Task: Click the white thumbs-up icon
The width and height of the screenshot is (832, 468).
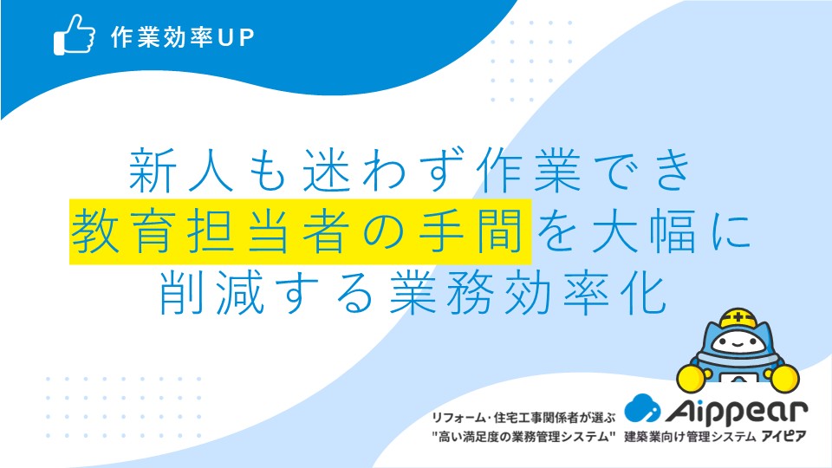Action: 75,35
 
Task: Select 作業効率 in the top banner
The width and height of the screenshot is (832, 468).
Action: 162,37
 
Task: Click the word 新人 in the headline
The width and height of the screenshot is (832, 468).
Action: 181,170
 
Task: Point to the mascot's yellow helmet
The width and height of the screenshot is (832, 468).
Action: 738,320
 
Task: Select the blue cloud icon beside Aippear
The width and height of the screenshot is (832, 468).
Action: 642,408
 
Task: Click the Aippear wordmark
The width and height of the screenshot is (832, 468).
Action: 736,411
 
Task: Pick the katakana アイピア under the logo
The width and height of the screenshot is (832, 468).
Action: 783,437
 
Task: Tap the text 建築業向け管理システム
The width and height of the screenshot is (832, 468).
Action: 690,437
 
